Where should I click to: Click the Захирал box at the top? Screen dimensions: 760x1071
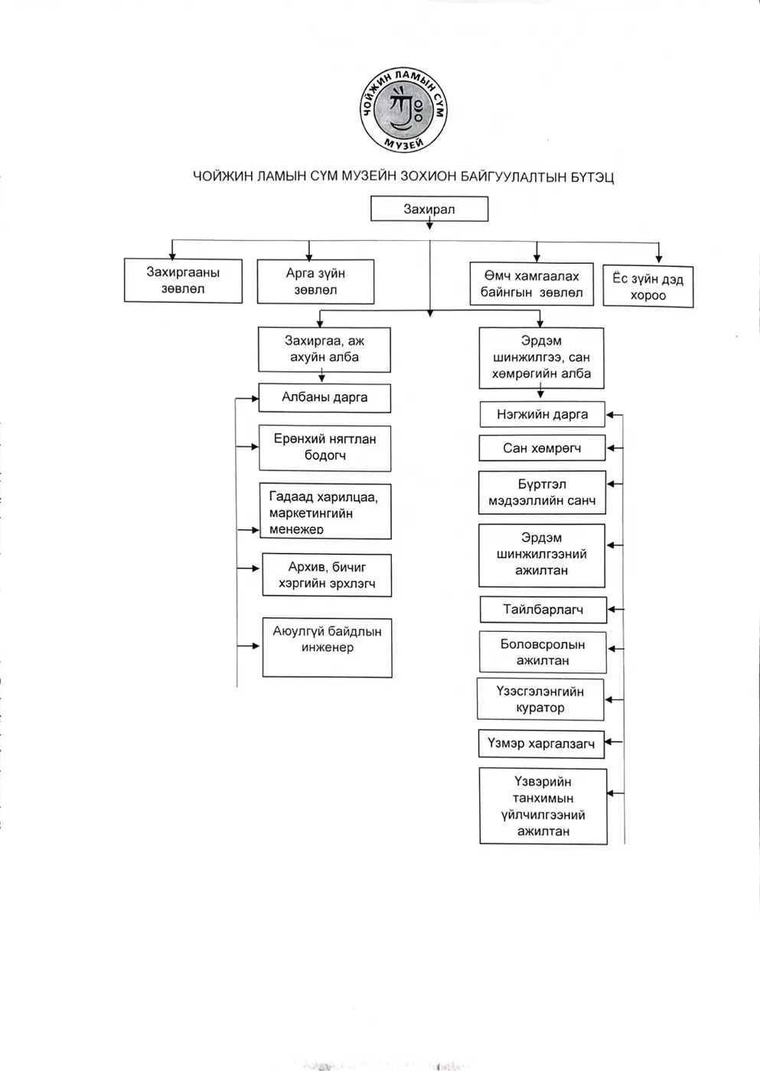[429, 209]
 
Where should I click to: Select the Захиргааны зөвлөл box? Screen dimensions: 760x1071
[183, 281]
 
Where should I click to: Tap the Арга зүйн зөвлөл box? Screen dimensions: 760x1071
[315, 282]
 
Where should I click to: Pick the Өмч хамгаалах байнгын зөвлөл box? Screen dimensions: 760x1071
[531, 284]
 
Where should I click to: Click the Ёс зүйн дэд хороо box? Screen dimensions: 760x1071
[648, 286]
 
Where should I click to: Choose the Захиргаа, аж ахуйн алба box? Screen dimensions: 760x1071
[325, 350]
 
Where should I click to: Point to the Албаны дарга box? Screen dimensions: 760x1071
[325, 398]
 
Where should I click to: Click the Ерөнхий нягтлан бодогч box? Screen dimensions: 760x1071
[325, 448]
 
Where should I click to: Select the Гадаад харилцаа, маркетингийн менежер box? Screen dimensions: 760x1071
[325, 512]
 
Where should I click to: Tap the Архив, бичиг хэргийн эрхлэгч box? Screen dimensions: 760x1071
[327, 575]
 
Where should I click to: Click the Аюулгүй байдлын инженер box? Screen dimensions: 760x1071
[327, 648]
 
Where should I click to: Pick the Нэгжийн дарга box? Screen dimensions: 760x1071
[543, 414]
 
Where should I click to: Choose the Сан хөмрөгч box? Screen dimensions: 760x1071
[542, 448]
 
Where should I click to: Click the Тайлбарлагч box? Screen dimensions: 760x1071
[543, 610]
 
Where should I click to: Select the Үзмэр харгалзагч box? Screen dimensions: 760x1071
[541, 744]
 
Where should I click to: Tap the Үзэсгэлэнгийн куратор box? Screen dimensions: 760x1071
[540, 699]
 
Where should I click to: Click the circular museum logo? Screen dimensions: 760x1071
[403, 110]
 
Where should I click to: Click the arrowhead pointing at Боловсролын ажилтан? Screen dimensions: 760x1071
[612, 649]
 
